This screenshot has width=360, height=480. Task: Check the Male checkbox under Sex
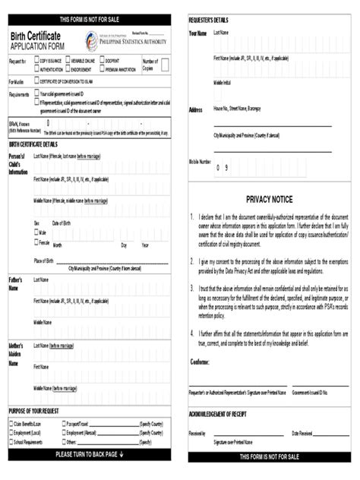click(36, 232)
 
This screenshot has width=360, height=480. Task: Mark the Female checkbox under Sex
click(36, 243)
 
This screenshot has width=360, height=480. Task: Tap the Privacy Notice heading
click(269, 199)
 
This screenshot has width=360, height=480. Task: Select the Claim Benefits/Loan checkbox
click(11, 423)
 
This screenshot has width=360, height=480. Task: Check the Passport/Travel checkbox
click(63, 423)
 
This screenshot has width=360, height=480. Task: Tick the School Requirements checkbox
click(11, 441)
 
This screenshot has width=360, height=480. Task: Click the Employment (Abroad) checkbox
click(63, 432)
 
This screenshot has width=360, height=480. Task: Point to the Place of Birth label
click(43, 261)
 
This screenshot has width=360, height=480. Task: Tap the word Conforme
click(200, 362)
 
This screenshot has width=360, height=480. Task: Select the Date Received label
click(302, 433)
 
